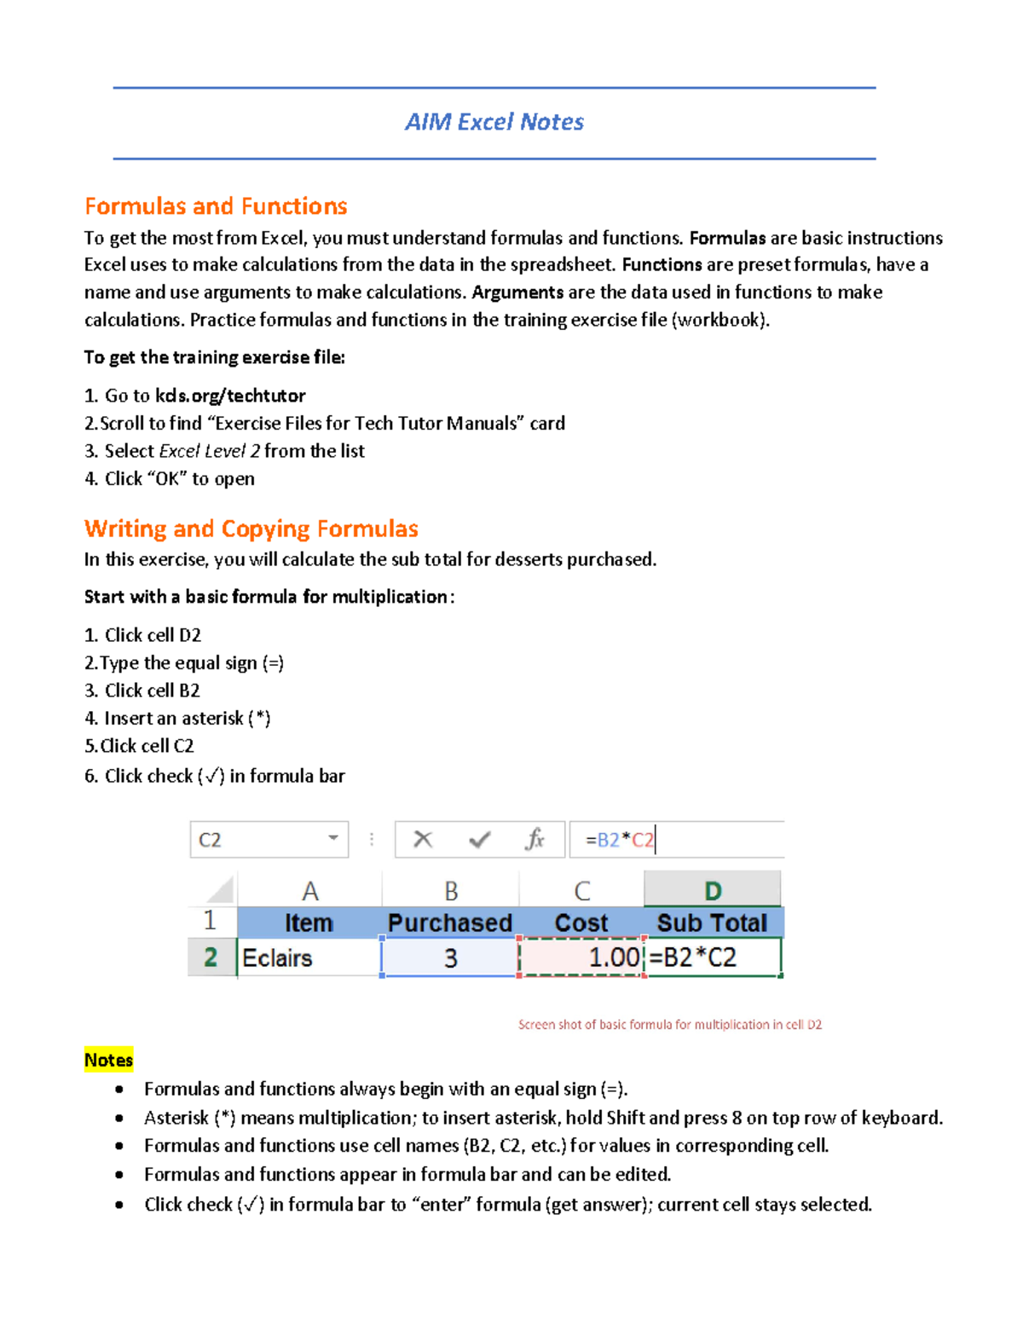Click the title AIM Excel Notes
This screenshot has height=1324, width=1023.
tap(494, 122)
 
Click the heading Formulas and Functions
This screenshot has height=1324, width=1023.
tap(216, 206)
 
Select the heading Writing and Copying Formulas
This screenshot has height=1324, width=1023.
tap(251, 529)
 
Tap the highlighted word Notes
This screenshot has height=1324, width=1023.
tap(108, 1060)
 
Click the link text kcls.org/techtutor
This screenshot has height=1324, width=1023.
tap(230, 396)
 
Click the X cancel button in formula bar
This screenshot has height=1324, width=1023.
tap(423, 840)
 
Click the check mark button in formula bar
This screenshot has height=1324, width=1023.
tap(480, 840)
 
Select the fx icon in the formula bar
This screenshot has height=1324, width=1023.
tap(535, 840)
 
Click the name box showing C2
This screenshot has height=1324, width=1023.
tap(256, 840)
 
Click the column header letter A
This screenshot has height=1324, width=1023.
tap(310, 891)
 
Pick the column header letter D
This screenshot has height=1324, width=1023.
tap(713, 891)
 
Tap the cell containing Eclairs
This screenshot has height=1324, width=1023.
tap(309, 957)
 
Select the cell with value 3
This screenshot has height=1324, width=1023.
tap(450, 957)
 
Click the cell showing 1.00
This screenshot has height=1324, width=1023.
tap(581, 957)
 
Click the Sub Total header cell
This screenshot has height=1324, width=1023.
tap(713, 922)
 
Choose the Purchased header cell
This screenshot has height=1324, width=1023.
tap(450, 922)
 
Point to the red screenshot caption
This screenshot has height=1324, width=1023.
tap(670, 1025)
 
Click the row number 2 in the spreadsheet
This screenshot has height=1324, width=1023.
tap(211, 957)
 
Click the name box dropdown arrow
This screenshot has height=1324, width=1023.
tap(333, 839)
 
